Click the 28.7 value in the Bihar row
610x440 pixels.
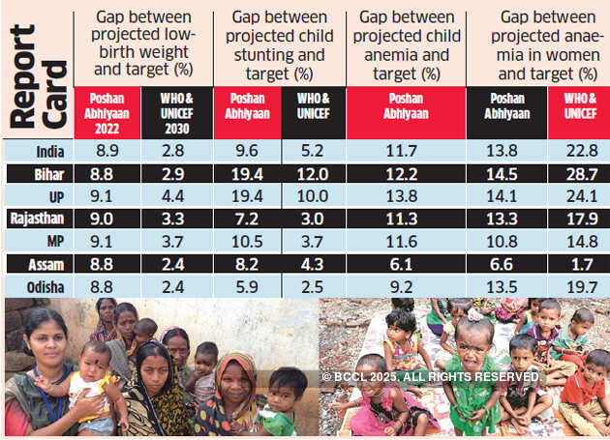pyautogui.click(x=578, y=174)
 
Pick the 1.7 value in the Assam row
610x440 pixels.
pyautogui.click(x=578, y=263)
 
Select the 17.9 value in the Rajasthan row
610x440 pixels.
pyautogui.click(x=578, y=219)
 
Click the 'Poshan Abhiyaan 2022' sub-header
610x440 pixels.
pyautogui.click(x=107, y=110)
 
